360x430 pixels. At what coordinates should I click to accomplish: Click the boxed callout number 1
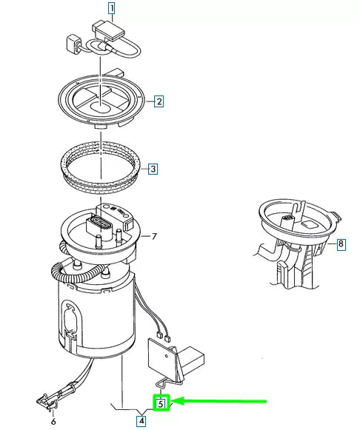click(112, 9)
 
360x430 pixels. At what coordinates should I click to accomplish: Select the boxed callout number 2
click(159, 101)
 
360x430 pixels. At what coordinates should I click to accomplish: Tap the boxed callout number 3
click(153, 169)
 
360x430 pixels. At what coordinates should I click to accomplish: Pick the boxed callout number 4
click(141, 420)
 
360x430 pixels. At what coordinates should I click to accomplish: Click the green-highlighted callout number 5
click(161, 403)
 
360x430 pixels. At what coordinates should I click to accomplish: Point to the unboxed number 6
click(53, 422)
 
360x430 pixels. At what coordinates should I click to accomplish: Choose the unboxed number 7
click(154, 237)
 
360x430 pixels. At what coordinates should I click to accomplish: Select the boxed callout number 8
click(341, 243)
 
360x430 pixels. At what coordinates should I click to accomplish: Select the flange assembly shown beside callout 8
click(296, 229)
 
